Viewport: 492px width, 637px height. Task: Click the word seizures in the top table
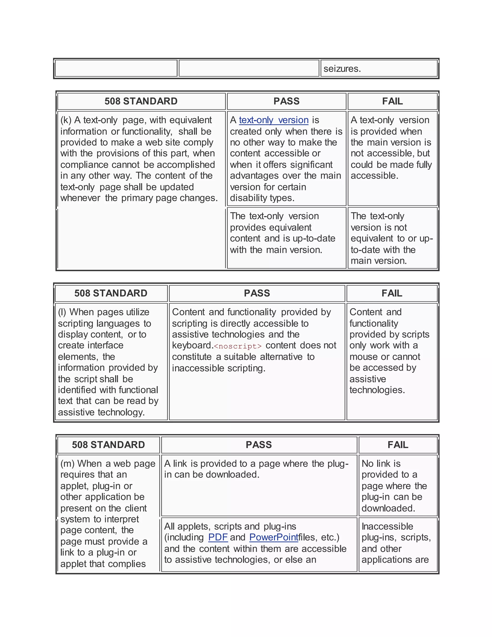coord(342,69)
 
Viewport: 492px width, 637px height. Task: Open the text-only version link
coord(273,120)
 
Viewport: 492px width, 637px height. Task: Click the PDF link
coord(218,537)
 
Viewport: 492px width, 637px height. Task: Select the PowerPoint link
coord(274,537)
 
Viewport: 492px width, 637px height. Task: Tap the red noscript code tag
coord(238,346)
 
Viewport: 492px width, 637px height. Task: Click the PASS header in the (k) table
coord(286,101)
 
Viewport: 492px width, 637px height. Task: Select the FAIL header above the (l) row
coord(392,293)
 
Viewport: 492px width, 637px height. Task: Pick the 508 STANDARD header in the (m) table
coord(108,445)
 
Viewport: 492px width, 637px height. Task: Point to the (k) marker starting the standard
coord(66,120)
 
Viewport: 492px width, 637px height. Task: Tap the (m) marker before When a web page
coord(67,464)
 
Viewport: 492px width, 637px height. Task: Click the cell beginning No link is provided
coord(398,486)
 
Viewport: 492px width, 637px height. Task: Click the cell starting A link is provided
coord(259,486)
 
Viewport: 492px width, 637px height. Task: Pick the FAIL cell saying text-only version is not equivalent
coord(392,238)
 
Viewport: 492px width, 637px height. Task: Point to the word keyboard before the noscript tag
coord(192,346)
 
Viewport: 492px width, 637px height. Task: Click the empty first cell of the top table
coord(116,69)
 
